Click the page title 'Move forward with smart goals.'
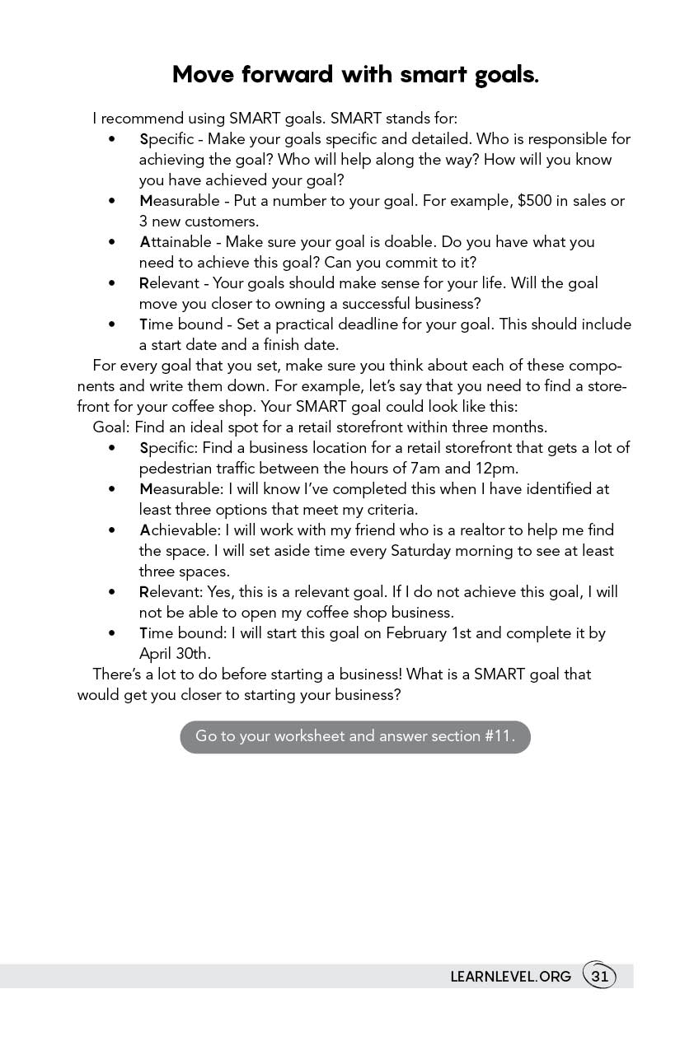(x=355, y=75)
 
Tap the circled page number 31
(x=599, y=977)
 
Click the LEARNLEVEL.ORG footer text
(x=510, y=978)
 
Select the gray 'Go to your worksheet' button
(x=355, y=736)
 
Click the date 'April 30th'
(x=174, y=654)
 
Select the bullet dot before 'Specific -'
(x=112, y=139)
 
